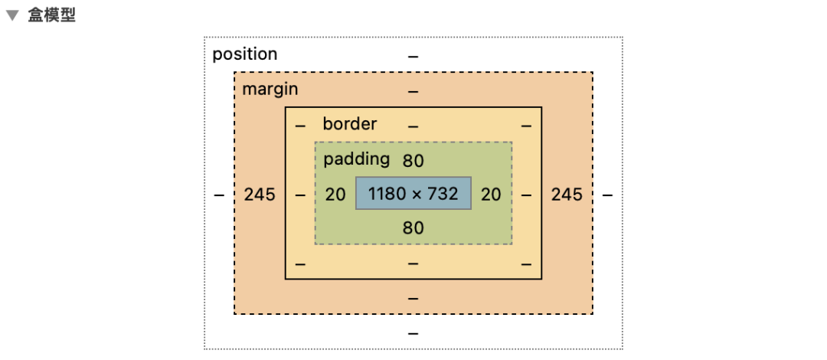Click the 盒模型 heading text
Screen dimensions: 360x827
[x=52, y=15]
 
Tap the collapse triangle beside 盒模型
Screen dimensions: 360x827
[x=12, y=16]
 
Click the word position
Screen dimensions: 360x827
[x=245, y=54]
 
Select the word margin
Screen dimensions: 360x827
[x=270, y=89]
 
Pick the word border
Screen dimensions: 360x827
[x=350, y=124]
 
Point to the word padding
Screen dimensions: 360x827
[x=357, y=159]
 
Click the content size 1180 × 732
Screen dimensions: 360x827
[x=413, y=194]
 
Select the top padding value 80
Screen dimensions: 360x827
[x=413, y=161]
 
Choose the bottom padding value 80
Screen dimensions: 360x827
[x=413, y=227]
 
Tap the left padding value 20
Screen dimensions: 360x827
[x=335, y=195]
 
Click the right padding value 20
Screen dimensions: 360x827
[x=491, y=195]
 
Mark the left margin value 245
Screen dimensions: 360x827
[x=260, y=195]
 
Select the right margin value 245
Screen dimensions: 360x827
[x=567, y=195]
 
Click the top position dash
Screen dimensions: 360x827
[x=413, y=57]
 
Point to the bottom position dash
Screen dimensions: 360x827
[x=413, y=333]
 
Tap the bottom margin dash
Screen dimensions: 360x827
[x=413, y=297]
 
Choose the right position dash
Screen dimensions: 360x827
[x=607, y=195]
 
